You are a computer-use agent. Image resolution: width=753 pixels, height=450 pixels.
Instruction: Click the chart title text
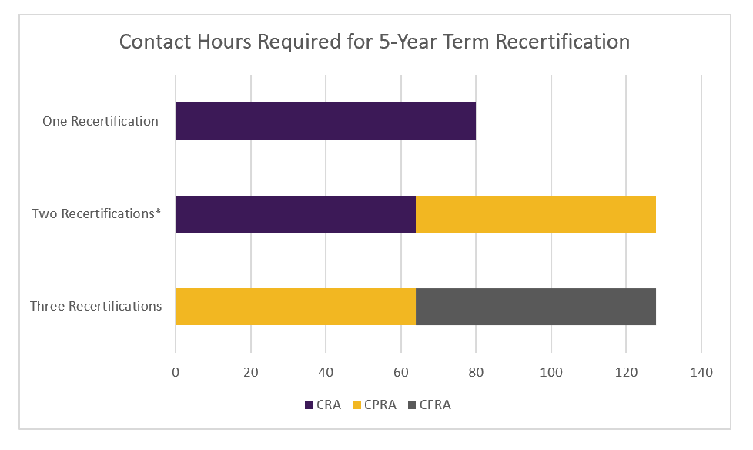tap(374, 42)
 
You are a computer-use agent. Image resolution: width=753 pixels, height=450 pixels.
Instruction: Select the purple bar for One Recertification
tap(326, 121)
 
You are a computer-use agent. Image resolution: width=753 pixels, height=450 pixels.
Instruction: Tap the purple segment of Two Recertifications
tap(296, 214)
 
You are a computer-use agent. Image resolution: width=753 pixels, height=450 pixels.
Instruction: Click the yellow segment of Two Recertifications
tap(536, 214)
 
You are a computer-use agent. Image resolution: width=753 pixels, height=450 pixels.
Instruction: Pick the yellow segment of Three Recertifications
tap(296, 307)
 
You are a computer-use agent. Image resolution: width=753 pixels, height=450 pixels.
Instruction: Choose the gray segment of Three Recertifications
tap(536, 307)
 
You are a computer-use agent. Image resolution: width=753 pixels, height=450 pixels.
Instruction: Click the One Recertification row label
tap(101, 121)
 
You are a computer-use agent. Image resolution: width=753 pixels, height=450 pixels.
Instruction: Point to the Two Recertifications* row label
tap(96, 213)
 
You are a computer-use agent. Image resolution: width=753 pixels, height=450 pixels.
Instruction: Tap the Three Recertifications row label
tap(96, 306)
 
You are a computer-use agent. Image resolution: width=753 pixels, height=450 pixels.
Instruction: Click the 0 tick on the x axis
tap(176, 373)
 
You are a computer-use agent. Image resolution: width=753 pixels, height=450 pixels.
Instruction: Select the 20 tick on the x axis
tap(251, 373)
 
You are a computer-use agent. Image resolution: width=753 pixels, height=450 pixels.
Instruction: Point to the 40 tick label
tap(326, 373)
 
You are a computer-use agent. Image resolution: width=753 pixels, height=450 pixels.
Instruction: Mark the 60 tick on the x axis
tap(401, 373)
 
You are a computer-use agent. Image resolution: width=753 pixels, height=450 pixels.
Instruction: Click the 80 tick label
tap(476, 373)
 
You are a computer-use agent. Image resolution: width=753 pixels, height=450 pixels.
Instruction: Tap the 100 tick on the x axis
tap(551, 373)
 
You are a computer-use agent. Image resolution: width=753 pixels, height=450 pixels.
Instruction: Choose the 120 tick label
tap(626, 373)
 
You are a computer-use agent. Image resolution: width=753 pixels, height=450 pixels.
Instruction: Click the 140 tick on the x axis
tap(701, 373)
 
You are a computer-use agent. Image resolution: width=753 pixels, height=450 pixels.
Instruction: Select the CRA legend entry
tap(323, 405)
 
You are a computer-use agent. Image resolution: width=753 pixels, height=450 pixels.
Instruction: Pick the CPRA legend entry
tap(375, 405)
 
